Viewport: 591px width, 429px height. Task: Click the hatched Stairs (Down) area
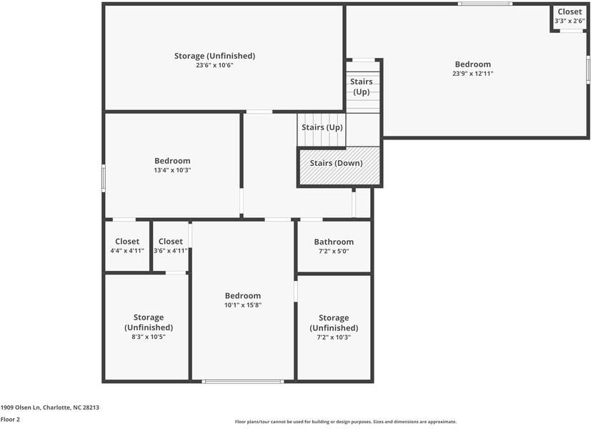coord(339,166)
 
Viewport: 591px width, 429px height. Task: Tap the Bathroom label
coord(334,242)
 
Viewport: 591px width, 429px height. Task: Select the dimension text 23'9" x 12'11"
coord(472,74)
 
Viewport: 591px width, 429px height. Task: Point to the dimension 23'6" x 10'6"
coord(214,65)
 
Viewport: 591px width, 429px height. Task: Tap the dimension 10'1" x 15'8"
coord(243,305)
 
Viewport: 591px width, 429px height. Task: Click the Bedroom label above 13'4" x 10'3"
coord(172,161)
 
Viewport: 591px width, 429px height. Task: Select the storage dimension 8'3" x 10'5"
coord(149,337)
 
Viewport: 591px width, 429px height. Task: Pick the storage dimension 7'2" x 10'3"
coord(334,337)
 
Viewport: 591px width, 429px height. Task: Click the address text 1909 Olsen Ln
coord(20,407)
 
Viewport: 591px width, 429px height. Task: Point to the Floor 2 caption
coord(10,419)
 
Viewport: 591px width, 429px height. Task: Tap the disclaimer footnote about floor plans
coord(346,422)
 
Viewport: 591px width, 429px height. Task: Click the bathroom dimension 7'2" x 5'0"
coord(334,251)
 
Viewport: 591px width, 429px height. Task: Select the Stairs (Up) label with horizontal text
coord(322,127)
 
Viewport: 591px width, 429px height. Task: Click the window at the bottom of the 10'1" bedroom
coord(243,382)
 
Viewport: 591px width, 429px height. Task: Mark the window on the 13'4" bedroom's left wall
coord(104,178)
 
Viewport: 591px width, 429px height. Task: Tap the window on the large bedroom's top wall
coord(485,4)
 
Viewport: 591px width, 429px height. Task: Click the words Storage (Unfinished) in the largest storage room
coord(214,56)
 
